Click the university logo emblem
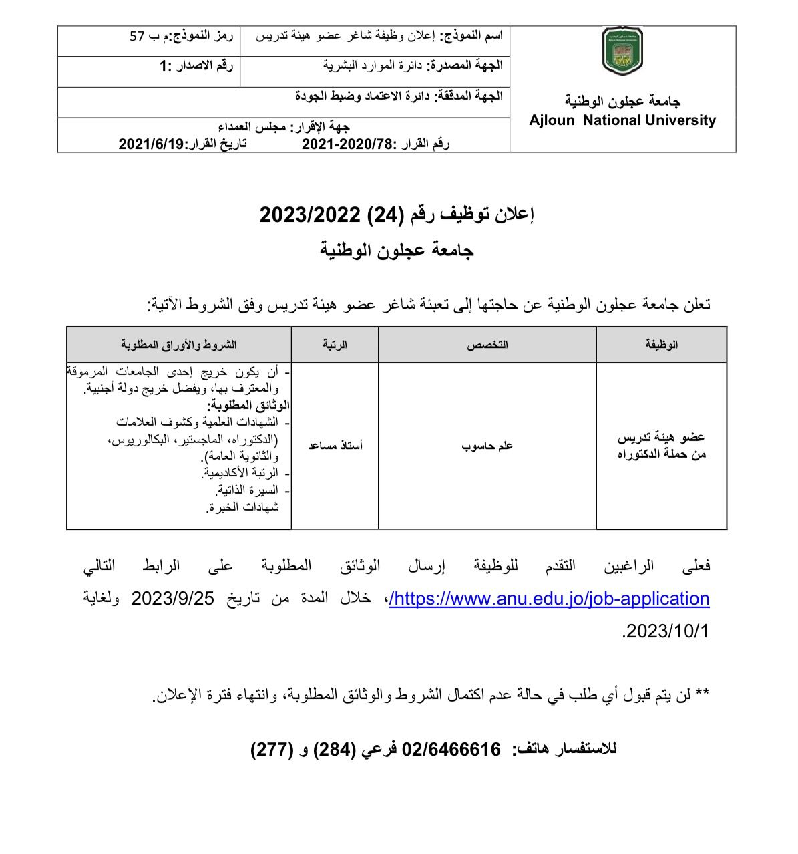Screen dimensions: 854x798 tap(622, 51)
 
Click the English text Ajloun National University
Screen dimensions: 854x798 tap(622, 121)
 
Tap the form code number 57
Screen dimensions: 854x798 tap(137, 36)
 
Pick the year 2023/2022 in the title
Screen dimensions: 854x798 tap(311, 215)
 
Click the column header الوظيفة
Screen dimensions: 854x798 tap(661, 345)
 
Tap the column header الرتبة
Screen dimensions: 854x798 tap(335, 345)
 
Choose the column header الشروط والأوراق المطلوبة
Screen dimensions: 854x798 tap(178, 345)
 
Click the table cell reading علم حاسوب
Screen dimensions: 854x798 tap(487, 445)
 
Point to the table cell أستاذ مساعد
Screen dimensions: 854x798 tap(335, 445)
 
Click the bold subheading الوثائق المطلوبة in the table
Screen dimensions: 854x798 tap(248, 405)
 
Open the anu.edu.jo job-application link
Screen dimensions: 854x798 tap(549, 599)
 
